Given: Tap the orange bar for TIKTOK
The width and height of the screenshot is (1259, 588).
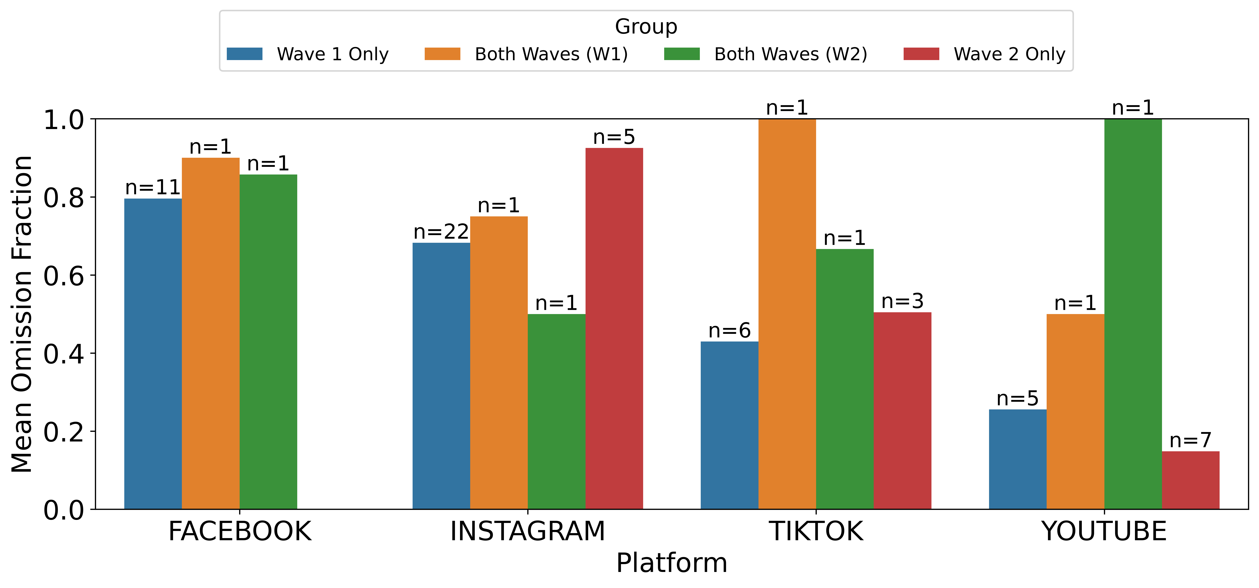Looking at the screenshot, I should (787, 314).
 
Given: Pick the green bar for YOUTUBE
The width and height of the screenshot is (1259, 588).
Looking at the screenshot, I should (1133, 314).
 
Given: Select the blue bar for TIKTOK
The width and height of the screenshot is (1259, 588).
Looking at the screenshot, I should (729, 425).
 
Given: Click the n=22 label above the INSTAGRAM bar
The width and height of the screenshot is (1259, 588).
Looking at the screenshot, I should (441, 232).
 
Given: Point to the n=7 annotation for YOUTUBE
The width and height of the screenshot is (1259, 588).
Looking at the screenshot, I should (1191, 441).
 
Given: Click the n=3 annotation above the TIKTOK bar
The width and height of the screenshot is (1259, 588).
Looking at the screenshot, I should (902, 301).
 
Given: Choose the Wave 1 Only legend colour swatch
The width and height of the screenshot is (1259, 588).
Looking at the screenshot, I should (245, 54).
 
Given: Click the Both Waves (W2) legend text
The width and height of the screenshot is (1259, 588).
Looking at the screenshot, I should (790, 54).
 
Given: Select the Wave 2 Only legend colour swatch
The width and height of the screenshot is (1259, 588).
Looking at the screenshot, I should (921, 54).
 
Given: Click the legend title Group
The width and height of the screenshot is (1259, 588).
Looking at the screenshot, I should (646, 26).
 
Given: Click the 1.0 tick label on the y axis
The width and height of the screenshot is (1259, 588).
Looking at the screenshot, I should (63, 120).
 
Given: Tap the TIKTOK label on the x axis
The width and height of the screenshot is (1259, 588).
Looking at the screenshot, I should (816, 531).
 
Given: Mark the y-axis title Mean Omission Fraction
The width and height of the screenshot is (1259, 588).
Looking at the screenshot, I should (22, 314).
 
